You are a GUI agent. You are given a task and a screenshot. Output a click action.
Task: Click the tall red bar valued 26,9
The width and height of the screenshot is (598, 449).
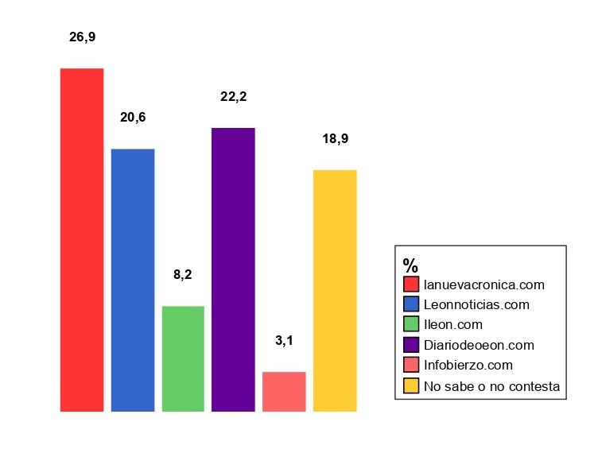82,240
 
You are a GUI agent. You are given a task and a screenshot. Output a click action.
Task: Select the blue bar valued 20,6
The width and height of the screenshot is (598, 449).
133,280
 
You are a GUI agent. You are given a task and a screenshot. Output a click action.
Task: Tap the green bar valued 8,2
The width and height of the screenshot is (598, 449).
183,358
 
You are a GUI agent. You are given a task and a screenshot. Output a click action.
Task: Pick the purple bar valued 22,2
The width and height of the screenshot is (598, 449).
233,269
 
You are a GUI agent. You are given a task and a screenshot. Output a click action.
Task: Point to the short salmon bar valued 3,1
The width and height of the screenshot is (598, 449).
284,391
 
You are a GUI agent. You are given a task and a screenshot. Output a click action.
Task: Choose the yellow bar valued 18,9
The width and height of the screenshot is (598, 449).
335,290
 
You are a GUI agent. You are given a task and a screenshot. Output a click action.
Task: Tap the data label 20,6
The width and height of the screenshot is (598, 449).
133,118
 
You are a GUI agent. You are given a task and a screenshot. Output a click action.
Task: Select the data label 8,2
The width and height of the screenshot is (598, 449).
183,276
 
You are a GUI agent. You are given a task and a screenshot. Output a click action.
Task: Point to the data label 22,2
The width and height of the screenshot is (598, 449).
233,97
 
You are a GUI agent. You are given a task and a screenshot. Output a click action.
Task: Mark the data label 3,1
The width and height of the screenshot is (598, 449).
284,341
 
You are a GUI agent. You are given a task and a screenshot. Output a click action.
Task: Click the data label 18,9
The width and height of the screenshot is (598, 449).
335,139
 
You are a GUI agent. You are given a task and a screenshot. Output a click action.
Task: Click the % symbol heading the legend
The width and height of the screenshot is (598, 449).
410,265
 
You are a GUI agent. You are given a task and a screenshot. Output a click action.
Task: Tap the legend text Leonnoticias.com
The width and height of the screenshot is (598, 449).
476,304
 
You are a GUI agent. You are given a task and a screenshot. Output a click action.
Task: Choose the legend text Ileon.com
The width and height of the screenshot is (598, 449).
453,324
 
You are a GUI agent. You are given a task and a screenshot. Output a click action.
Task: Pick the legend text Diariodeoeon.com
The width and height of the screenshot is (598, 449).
479,345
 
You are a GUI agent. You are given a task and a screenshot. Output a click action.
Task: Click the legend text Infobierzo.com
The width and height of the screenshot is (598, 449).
468,366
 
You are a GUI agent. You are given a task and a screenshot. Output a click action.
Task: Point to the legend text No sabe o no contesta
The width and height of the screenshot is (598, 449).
492,386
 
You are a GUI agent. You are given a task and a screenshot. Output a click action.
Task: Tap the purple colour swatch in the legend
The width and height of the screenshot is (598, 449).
411,345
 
